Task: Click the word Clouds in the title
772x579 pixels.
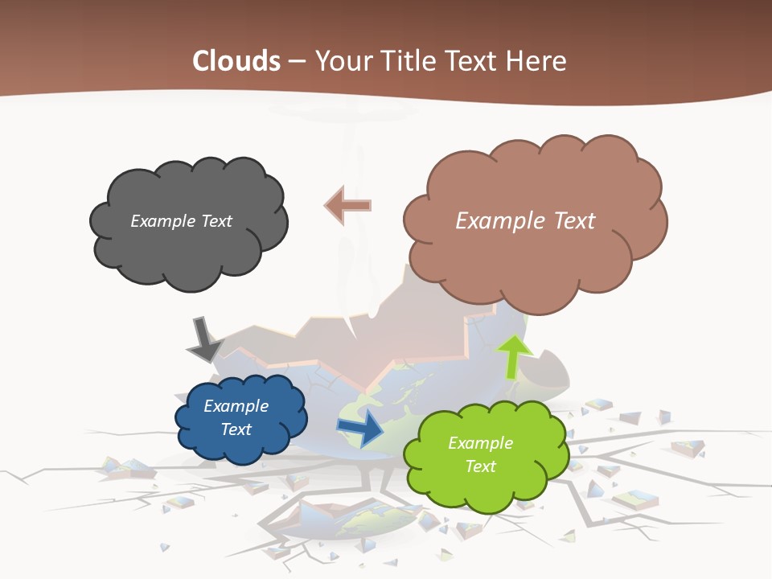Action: tap(236, 60)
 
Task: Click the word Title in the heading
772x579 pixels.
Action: tap(408, 60)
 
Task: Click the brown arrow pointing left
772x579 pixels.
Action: tap(347, 206)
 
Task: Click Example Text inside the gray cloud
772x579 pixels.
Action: tap(181, 221)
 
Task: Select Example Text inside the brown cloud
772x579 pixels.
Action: tap(525, 221)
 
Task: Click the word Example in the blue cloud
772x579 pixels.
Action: tap(236, 406)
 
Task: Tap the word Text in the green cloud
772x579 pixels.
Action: tap(480, 466)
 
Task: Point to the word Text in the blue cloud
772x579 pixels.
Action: tap(236, 429)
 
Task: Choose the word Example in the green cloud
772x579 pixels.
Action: tap(480, 443)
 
